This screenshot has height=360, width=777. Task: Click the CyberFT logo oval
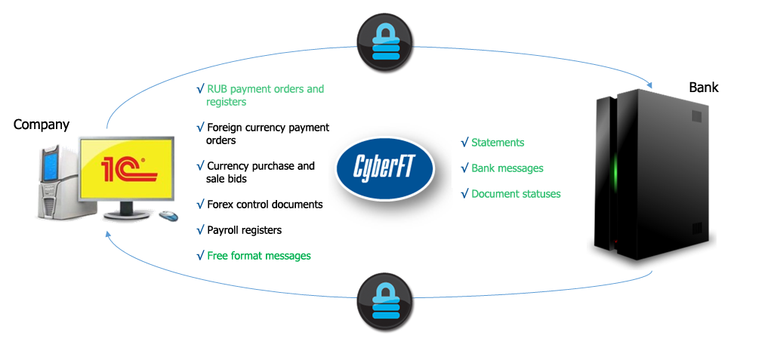pyautogui.click(x=385, y=167)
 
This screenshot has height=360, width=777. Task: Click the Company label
pyautogui.click(x=42, y=125)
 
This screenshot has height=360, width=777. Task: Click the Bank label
pyautogui.click(x=703, y=88)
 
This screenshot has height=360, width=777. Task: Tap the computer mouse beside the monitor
pyautogui.click(x=168, y=217)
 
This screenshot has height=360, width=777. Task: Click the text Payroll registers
pyautogui.click(x=244, y=229)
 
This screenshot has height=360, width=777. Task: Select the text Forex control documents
pyautogui.click(x=264, y=205)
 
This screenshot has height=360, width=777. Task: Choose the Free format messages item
pyautogui.click(x=258, y=256)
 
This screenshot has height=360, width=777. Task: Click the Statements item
pyautogui.click(x=497, y=143)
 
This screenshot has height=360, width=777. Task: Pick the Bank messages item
pyautogui.click(x=507, y=168)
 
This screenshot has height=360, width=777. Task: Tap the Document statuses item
pyautogui.click(x=516, y=194)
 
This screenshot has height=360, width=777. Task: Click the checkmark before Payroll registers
pyautogui.click(x=200, y=229)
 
